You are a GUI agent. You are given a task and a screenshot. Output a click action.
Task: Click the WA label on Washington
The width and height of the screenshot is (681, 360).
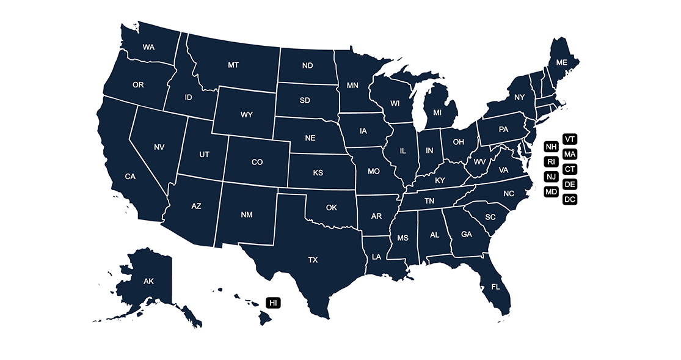148,47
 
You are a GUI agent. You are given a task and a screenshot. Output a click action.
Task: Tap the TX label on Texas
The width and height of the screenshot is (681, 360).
313,260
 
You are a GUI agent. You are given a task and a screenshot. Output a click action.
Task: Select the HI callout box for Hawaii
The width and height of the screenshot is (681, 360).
273,303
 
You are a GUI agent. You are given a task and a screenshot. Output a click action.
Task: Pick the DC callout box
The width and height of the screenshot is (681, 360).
570,199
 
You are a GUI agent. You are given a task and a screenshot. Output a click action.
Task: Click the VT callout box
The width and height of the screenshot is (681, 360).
570,139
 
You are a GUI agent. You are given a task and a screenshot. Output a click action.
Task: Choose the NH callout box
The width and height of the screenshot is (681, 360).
552,147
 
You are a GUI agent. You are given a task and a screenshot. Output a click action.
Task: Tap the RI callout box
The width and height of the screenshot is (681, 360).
552,162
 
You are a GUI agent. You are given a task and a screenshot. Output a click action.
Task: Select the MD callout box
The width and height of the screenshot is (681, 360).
552,192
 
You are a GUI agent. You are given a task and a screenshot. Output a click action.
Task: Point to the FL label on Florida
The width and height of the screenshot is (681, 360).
496,287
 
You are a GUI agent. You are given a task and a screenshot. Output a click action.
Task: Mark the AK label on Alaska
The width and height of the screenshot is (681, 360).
148,281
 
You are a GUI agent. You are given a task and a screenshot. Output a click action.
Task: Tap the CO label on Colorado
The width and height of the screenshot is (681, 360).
257,163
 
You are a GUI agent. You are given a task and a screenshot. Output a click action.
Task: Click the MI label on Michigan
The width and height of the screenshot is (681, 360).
437,113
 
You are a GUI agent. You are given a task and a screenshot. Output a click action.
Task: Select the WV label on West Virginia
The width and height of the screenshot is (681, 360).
479,163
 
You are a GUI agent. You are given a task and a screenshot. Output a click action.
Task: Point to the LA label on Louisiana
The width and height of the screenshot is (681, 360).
376,257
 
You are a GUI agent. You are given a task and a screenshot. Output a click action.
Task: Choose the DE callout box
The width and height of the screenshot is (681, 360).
570,184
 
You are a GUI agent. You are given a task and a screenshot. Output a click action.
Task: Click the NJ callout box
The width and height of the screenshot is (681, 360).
552,177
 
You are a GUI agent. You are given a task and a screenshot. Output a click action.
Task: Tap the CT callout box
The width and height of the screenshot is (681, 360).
570,169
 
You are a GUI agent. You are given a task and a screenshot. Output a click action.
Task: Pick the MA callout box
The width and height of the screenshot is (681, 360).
570,154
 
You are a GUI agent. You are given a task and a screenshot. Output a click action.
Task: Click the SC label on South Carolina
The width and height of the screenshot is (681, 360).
490,217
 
